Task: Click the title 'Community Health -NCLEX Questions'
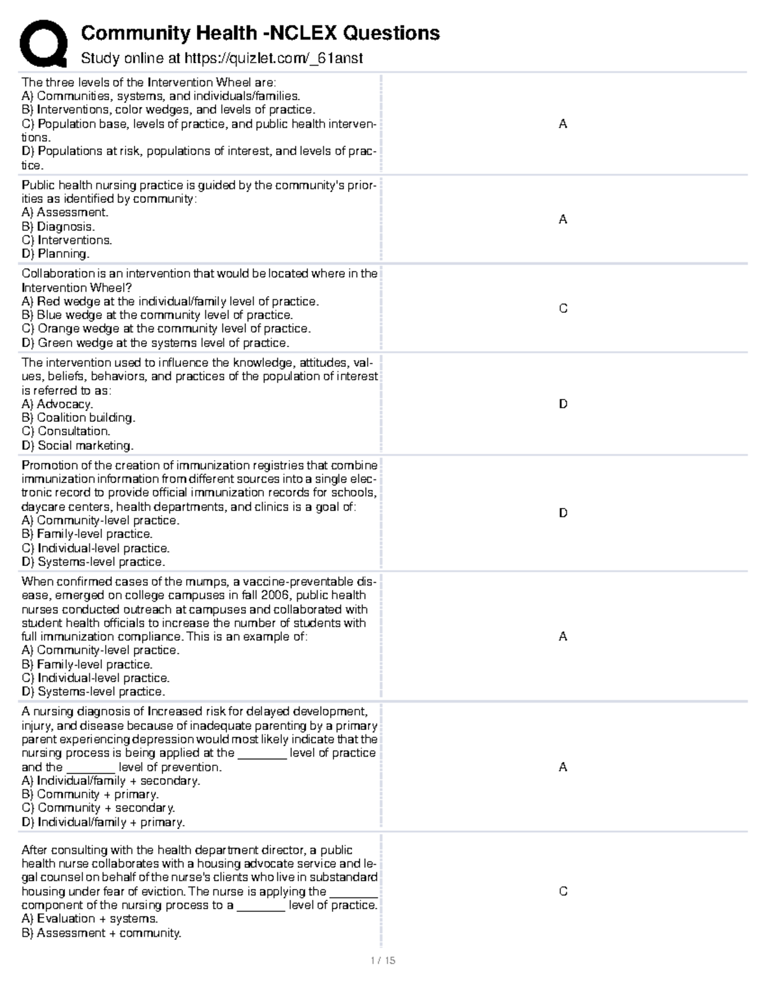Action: click(x=260, y=33)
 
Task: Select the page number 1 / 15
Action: click(x=382, y=960)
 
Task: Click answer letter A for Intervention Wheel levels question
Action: click(x=563, y=124)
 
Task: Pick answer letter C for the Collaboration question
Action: click(x=563, y=308)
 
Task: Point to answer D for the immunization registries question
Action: click(x=563, y=513)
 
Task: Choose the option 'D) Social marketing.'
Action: click(x=78, y=445)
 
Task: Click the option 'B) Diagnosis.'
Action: click(x=58, y=227)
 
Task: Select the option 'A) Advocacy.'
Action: click(x=57, y=404)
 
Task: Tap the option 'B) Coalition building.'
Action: click(x=78, y=418)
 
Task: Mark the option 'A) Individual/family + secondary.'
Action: click(x=111, y=780)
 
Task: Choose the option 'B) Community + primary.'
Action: click(x=90, y=794)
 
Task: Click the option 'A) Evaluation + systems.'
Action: click(x=89, y=919)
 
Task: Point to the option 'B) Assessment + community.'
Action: click(x=101, y=933)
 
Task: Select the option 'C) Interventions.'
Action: click(x=67, y=240)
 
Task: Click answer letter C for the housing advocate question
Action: click(x=563, y=891)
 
